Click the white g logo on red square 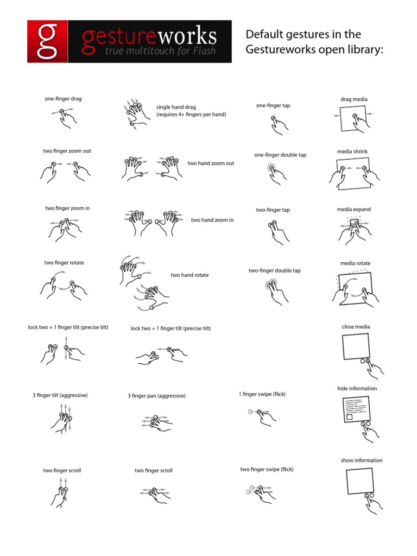click(47, 42)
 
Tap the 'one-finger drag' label click(63, 99)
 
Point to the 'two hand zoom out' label click(211, 163)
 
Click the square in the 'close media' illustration click(356, 346)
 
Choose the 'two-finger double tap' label click(275, 270)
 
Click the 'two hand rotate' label click(189, 275)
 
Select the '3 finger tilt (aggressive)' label click(60, 395)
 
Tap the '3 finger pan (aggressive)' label click(156, 396)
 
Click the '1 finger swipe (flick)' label click(262, 394)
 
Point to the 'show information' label click(362, 460)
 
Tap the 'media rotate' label click(355, 263)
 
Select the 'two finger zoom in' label click(67, 208)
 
